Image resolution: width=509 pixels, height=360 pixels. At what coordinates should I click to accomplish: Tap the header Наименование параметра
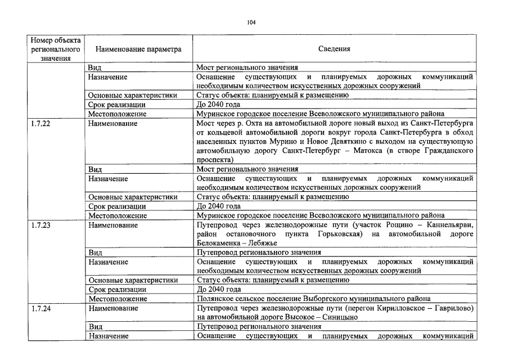pyautogui.click(x=134, y=49)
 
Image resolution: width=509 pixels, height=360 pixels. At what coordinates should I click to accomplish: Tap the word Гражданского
pyautogui.click(x=445, y=151)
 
